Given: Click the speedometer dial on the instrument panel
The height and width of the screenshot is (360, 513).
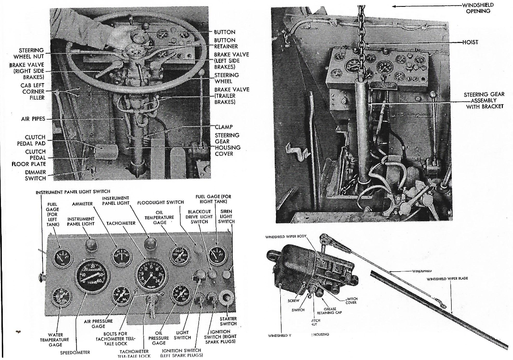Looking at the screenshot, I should pyautogui.click(x=92, y=276).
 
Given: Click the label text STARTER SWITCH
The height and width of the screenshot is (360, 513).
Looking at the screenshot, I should pyautogui.click(x=228, y=321).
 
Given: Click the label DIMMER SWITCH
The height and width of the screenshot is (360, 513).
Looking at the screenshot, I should pyautogui.click(x=35, y=175).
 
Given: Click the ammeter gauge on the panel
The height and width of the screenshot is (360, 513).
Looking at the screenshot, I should pyautogui.click(x=121, y=257).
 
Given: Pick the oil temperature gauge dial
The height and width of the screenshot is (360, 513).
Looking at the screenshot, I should pyautogui.click(x=179, y=256).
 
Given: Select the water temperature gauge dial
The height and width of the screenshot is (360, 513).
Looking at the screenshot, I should pyautogui.click(x=62, y=297).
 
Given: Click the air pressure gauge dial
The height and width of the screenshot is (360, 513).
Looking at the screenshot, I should pyautogui.click(x=121, y=296).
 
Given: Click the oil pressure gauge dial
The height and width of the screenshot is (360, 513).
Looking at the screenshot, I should pyautogui.click(x=180, y=294).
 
